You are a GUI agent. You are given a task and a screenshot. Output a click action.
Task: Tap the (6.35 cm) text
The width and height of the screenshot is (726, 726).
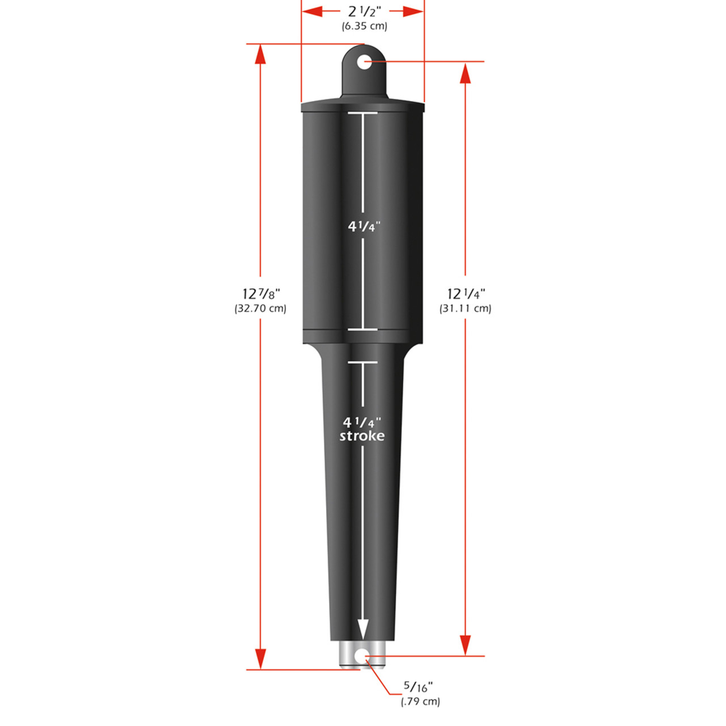tap(364, 26)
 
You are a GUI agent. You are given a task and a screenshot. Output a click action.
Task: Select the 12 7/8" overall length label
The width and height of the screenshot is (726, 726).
tap(261, 294)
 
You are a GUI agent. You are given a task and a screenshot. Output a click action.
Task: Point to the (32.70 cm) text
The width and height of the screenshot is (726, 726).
tap(260, 309)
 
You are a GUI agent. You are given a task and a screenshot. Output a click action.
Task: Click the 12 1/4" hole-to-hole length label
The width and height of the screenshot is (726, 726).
tap(466, 294)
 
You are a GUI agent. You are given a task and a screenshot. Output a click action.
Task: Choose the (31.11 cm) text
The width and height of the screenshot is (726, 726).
tap(465, 309)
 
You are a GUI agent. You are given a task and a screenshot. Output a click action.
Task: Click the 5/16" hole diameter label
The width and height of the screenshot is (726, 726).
tap(418, 687)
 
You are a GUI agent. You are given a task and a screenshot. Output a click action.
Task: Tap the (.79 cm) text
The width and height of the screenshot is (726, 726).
tap(420, 702)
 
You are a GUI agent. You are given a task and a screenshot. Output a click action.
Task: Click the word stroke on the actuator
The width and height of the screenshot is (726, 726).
tap(362, 436)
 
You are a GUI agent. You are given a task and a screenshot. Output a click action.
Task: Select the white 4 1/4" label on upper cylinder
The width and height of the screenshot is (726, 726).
tap(364, 226)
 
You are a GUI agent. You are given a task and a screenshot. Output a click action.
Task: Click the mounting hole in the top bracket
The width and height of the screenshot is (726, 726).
tap(365, 61)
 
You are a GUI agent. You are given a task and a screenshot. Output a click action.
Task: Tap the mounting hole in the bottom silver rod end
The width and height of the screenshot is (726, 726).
tap(361, 656)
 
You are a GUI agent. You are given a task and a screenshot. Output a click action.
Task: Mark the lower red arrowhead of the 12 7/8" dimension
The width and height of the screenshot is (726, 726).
tap(260, 659)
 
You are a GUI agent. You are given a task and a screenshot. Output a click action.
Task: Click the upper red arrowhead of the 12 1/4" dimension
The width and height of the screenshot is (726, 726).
tap(465, 73)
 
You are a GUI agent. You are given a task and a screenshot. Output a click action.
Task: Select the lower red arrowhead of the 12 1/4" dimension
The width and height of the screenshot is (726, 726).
tap(465, 645)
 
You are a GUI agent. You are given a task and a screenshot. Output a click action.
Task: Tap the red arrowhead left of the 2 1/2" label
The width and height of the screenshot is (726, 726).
tap(313, 11)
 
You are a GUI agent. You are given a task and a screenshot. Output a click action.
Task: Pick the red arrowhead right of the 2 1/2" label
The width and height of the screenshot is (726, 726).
tap(414, 11)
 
